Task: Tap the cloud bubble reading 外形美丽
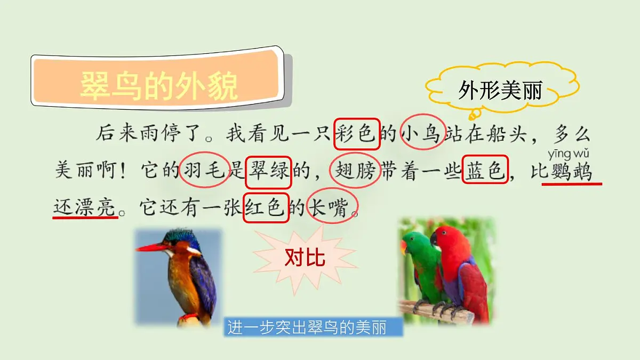[500, 91]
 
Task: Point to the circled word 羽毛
[205, 171]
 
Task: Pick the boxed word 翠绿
[268, 171]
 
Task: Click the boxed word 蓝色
[484, 170]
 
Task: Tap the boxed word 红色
[266, 207]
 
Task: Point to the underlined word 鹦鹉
[571, 172]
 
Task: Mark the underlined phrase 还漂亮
[85, 207]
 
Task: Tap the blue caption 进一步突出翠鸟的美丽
[314, 327]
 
